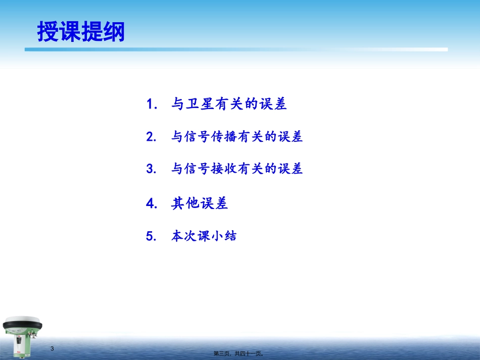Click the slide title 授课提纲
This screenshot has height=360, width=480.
coord(81,31)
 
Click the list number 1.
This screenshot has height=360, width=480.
coord(152,104)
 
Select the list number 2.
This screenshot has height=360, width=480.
coord(151,137)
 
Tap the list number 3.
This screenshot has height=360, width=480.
coord(151,169)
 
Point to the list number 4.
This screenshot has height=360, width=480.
coord(152,203)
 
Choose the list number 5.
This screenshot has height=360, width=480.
coord(151,236)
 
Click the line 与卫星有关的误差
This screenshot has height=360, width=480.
coord(229,104)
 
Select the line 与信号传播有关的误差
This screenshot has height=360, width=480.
coord(237,136)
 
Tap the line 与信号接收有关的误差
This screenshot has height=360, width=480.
coord(237,169)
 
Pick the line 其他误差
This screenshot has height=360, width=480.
coord(200,203)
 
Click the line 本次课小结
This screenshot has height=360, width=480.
coord(204,236)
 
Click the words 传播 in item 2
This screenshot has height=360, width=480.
coord(224,136)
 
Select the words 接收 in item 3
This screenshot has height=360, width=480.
coord(224,169)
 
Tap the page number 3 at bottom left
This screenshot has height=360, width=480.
coord(52,349)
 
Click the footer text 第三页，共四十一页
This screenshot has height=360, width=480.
coord(238,353)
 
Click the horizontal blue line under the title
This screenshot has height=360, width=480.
coord(236,49)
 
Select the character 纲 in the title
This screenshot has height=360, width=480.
coord(114,31)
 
